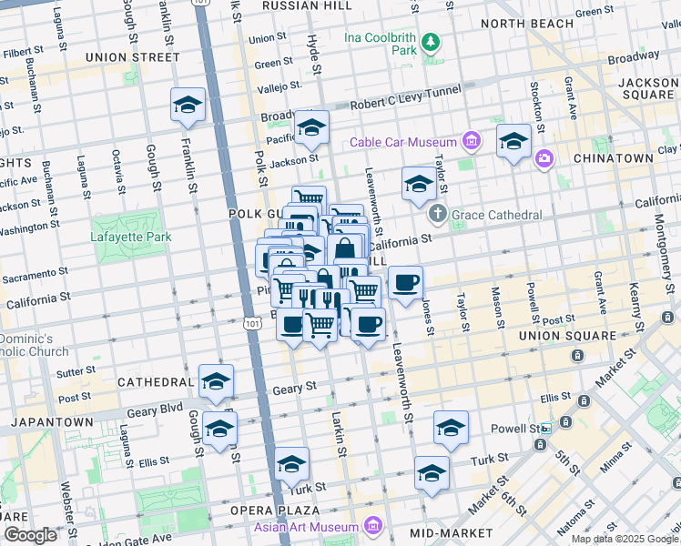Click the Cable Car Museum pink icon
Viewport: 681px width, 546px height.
pos(471,142)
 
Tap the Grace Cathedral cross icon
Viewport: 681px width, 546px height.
pos(437,215)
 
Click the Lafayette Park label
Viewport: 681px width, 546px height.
pos(131,238)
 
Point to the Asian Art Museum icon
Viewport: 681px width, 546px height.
pos(372,526)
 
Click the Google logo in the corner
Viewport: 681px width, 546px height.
pos(31,535)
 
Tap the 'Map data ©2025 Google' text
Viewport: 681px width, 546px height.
pos(624,539)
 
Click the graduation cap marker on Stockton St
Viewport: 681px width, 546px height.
pos(513,141)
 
